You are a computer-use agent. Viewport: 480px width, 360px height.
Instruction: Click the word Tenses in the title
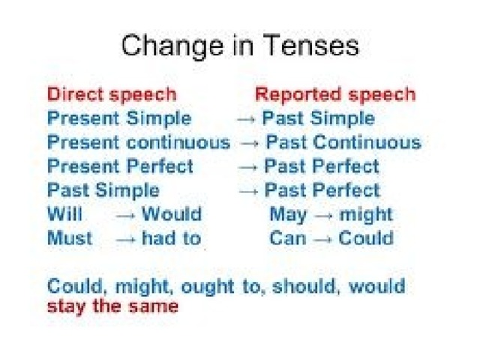[x=310, y=45]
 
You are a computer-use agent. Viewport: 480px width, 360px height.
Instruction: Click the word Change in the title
[x=172, y=46]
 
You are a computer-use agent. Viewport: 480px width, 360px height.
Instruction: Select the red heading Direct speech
[x=112, y=94]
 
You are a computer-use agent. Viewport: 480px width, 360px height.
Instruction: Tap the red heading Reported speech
[x=335, y=94]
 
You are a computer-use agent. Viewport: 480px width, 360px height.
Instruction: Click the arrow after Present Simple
[x=246, y=119]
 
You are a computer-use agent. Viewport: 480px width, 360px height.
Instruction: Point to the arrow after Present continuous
[x=250, y=143]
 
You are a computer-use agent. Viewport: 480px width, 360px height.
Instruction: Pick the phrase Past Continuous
[x=343, y=142]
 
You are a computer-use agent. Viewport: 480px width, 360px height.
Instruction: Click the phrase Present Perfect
[x=120, y=166]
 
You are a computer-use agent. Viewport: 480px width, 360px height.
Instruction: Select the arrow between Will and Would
[x=125, y=215]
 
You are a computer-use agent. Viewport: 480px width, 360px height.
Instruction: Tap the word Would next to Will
[x=172, y=214]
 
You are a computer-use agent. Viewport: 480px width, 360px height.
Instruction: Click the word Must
[x=70, y=238]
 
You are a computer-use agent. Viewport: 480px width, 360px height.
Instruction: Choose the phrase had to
[x=172, y=238]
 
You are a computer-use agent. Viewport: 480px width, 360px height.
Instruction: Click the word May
[x=288, y=215]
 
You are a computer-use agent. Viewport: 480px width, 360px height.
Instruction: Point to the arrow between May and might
[x=323, y=215]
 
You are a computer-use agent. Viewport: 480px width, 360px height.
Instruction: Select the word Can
[x=288, y=238]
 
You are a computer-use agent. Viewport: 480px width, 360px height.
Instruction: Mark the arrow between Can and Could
[x=323, y=240]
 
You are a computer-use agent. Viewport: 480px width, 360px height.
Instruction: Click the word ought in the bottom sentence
[x=208, y=288]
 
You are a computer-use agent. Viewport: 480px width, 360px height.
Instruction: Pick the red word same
[x=153, y=307]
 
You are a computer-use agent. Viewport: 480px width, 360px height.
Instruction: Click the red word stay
[x=66, y=307]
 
